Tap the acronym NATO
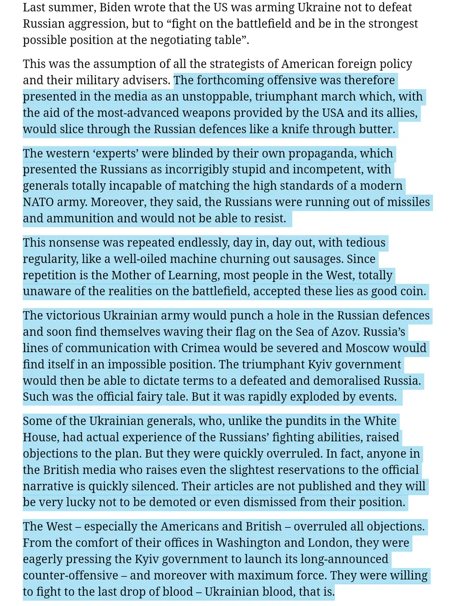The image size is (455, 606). [38, 202]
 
